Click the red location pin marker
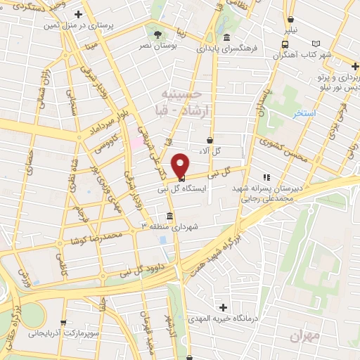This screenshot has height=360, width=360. pyautogui.click(x=180, y=165)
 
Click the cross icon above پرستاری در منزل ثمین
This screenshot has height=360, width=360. pyautogui.click(x=78, y=14)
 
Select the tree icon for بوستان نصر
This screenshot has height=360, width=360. pyautogui.click(x=157, y=34)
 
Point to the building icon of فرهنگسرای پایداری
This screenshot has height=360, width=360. pyautogui.click(x=226, y=38)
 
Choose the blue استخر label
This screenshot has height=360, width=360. pyautogui.click(x=305, y=112)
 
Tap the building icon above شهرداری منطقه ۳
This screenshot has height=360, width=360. pyautogui.click(x=169, y=216)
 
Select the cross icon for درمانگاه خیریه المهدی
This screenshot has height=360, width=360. pyautogui.click(x=223, y=307)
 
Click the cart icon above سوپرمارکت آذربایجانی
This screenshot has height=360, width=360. pyautogui.click(x=64, y=323)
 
